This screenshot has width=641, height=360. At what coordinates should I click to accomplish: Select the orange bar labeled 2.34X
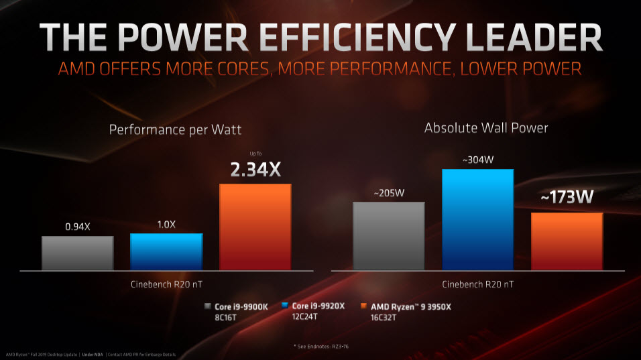point(255,226)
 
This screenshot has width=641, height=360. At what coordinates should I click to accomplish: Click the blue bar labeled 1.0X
point(166,251)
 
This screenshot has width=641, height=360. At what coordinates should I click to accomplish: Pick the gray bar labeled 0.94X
point(77,252)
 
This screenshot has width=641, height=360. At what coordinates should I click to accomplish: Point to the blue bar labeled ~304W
point(477,219)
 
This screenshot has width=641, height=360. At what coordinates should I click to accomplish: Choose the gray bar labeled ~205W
point(389,235)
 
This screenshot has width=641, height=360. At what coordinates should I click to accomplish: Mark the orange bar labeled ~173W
point(567,241)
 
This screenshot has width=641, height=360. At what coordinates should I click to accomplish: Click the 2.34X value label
point(255,170)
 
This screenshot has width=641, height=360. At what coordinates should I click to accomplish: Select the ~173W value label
point(567,198)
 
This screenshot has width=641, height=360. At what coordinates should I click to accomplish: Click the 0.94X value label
point(77,227)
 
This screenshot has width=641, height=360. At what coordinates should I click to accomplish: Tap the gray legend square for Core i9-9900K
point(208,306)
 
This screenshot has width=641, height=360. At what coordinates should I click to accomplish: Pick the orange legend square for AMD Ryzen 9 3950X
point(364,306)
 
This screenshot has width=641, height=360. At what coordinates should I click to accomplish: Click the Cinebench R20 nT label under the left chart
point(166,284)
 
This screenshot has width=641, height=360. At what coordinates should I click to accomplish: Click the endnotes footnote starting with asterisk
point(320,345)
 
